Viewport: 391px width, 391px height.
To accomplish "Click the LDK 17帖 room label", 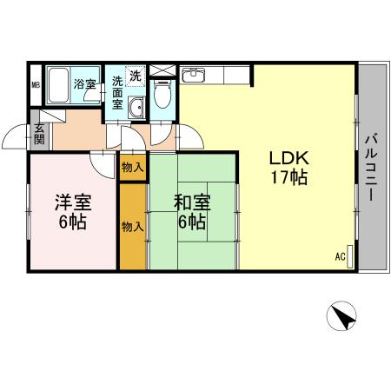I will click(288, 168).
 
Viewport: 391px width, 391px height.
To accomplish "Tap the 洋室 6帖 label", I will click(71, 212).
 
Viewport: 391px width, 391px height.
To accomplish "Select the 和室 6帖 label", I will click(191, 212).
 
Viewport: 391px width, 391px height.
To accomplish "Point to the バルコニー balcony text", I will click(369, 167).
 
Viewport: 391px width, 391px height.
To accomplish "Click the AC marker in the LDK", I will click(340, 256).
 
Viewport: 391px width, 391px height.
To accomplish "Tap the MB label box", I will click(36, 84).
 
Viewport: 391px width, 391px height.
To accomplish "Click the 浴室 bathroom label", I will click(84, 84).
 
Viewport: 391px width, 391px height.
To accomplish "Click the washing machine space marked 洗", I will click(136, 76).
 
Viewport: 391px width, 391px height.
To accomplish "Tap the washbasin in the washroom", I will click(136, 109).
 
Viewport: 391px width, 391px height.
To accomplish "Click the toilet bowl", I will click(162, 94).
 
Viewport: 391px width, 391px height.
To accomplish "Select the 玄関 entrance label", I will click(39, 134).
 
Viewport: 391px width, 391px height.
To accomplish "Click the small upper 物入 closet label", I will click(132, 166).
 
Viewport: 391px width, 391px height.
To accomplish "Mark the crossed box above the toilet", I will click(162, 70).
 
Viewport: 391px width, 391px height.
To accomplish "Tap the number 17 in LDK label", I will click(276, 177).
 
